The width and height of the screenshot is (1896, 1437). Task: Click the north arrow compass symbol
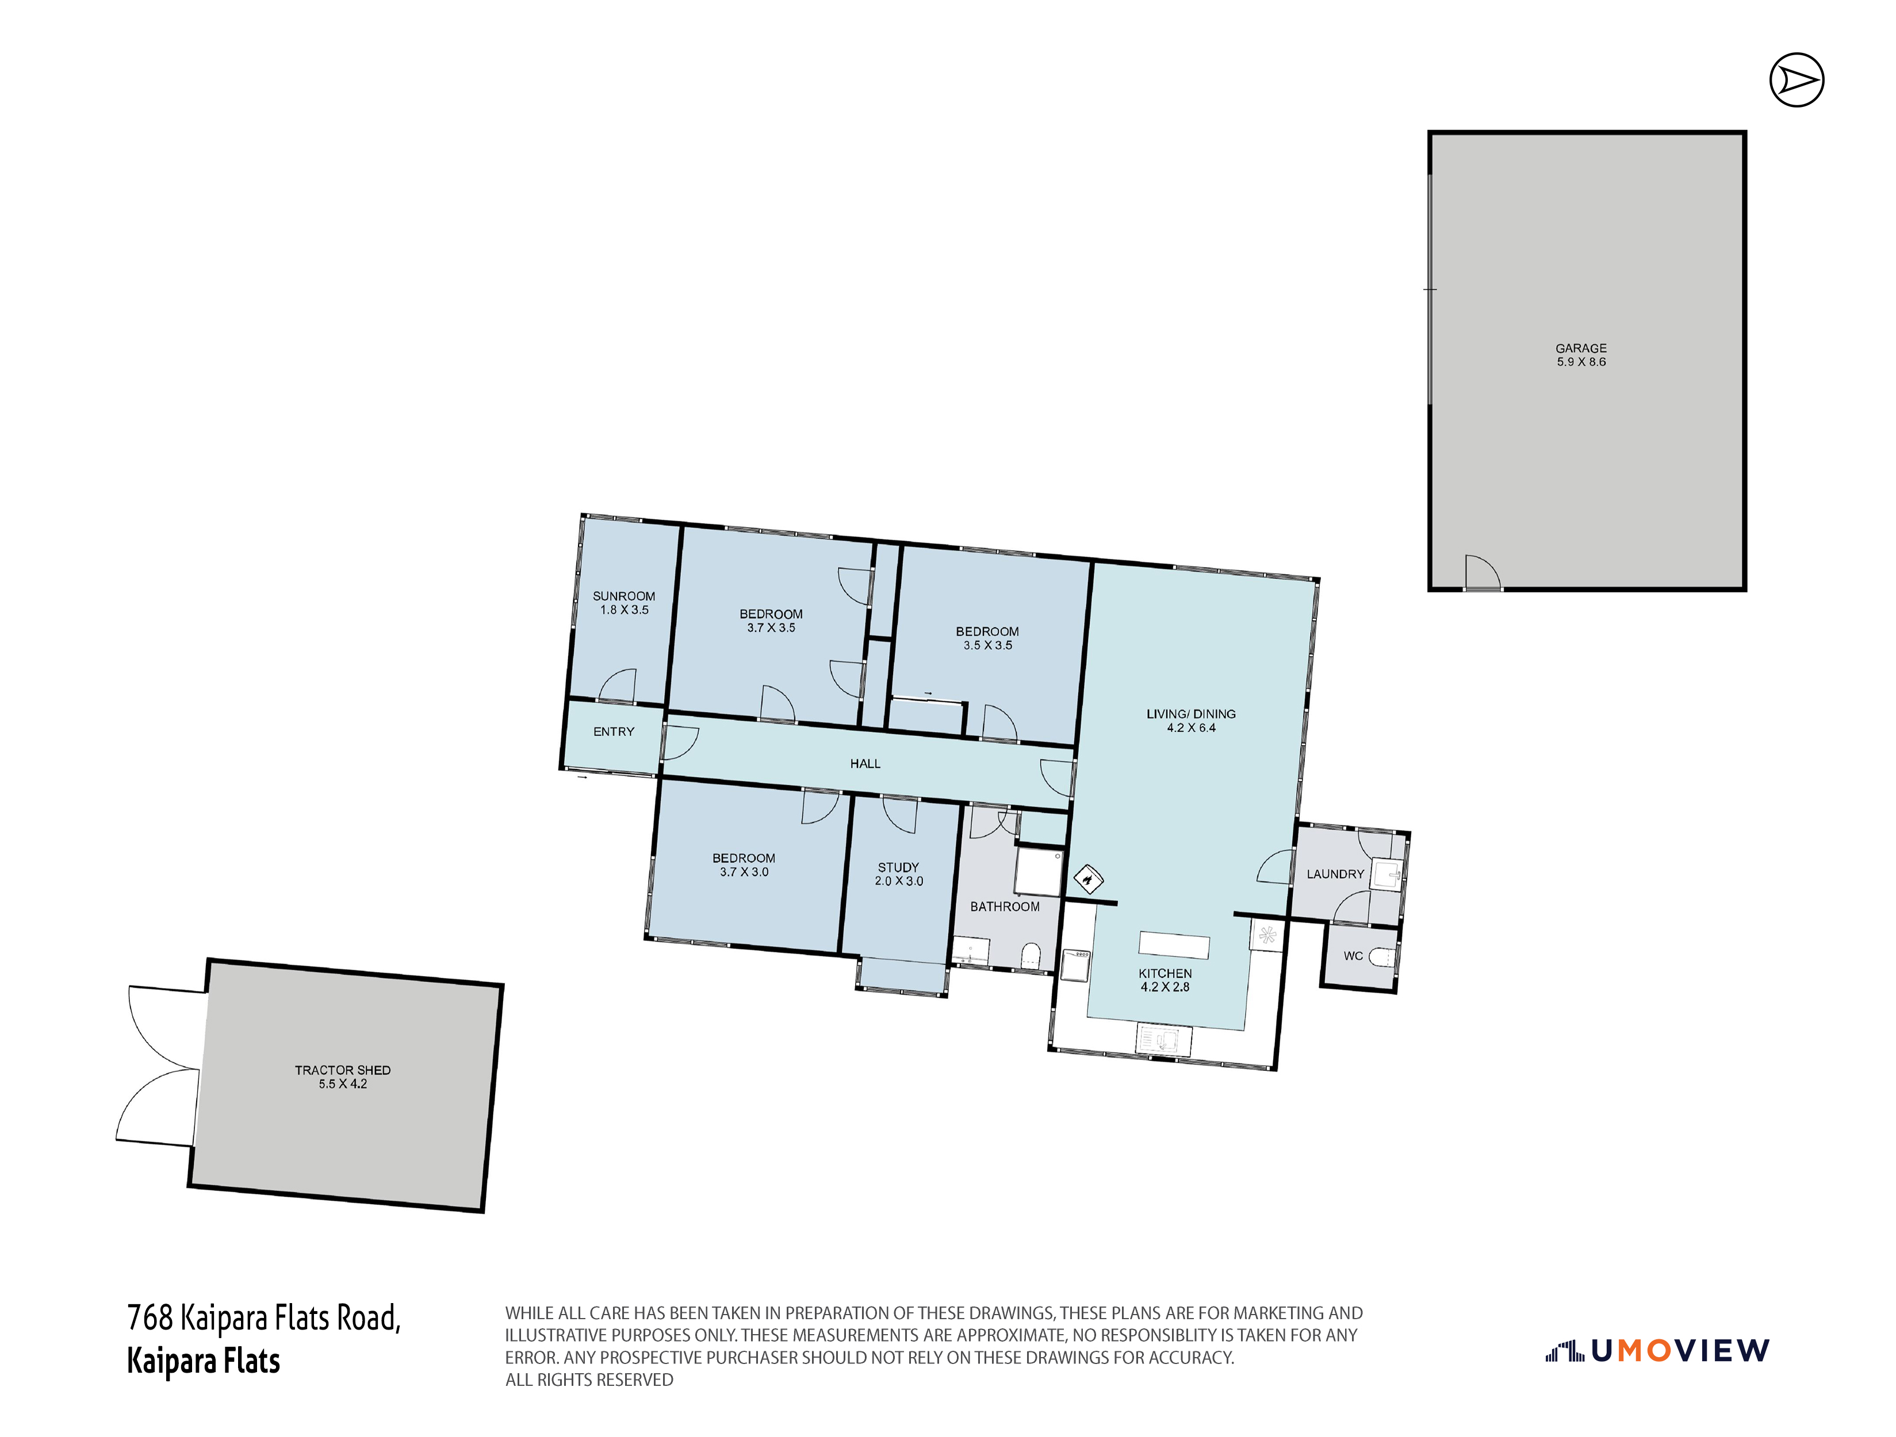click(1797, 80)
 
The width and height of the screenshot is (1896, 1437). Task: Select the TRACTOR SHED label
click(343, 1070)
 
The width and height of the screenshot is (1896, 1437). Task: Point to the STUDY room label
click(898, 867)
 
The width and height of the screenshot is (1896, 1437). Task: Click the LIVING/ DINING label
click(1192, 714)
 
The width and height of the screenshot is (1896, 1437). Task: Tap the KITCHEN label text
click(1166, 974)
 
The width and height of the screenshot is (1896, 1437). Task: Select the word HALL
click(865, 763)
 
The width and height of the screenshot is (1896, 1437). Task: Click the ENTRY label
click(614, 732)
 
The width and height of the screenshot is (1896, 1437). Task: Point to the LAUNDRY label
click(1335, 874)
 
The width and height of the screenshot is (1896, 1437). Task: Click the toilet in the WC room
click(1382, 956)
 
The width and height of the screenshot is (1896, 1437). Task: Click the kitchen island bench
click(1174, 947)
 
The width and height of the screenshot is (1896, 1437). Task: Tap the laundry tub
click(1386, 875)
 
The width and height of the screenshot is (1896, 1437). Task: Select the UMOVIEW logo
click(1657, 1351)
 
